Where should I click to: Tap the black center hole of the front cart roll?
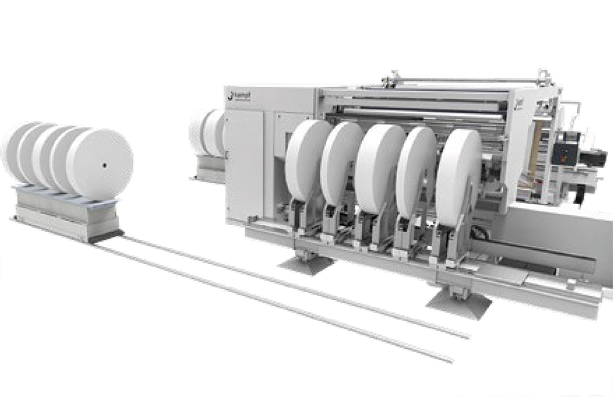pyautogui.click(x=104, y=165)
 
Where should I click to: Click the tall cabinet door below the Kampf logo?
pyautogui.click(x=245, y=162)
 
